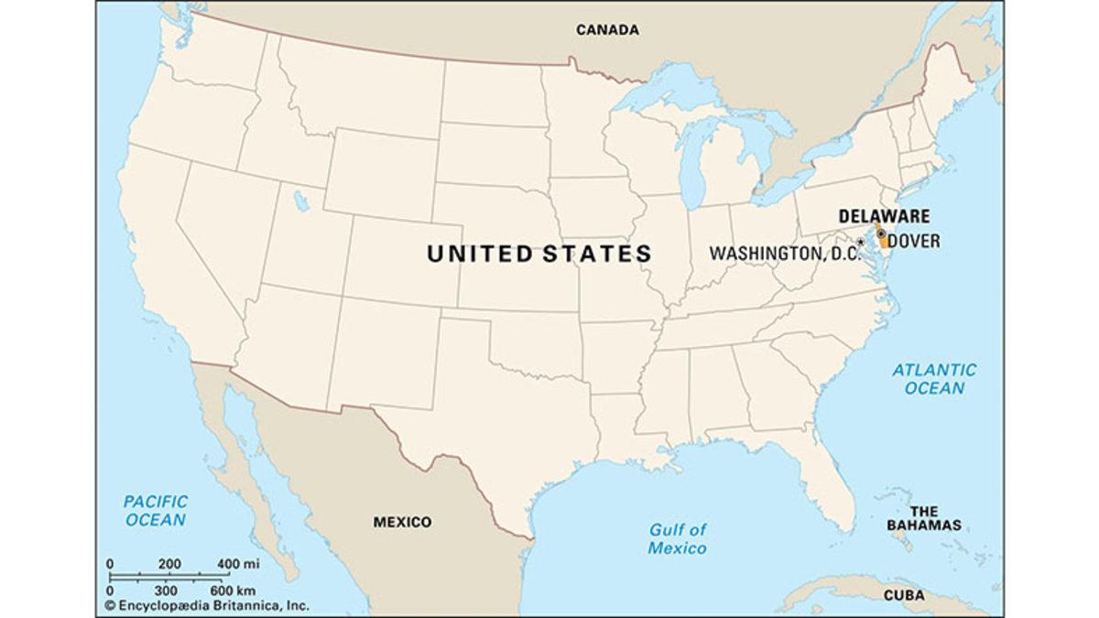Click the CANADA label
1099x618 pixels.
point(607,30)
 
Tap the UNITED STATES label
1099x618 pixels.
point(539,254)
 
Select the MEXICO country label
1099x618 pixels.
point(401,522)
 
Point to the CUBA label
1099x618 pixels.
point(909,595)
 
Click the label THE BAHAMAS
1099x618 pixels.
point(923,518)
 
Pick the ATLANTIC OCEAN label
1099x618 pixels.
point(934,379)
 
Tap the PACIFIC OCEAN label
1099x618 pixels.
point(156,511)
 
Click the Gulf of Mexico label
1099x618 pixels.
point(678,538)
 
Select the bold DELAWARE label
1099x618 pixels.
point(884,216)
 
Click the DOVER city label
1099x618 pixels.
point(914,242)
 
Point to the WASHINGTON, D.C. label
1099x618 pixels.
point(783,252)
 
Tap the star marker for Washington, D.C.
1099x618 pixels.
point(860,243)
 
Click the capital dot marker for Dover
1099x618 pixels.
point(881,234)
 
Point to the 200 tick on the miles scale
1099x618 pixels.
point(169,563)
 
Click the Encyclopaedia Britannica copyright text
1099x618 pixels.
point(206,605)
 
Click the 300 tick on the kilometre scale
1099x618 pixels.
point(166,591)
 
